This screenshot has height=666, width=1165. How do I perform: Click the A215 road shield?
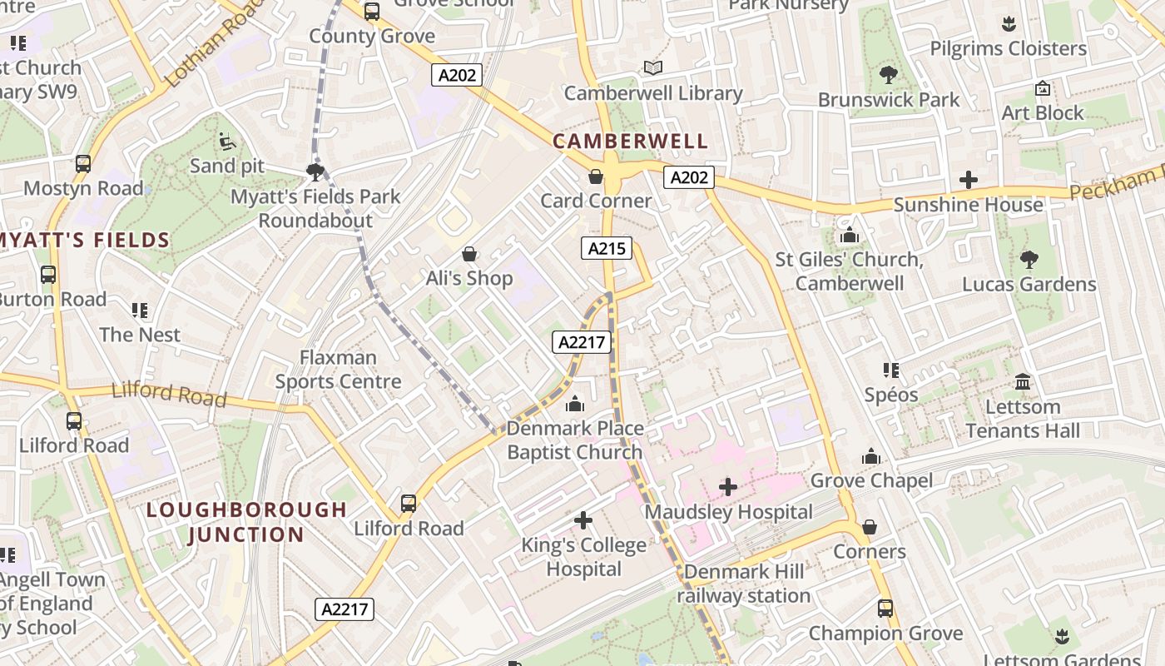click(x=607, y=248)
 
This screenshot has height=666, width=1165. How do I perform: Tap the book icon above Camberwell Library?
click(x=653, y=68)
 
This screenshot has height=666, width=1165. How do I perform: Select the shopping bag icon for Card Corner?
click(x=596, y=176)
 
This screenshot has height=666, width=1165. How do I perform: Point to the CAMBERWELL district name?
click(x=631, y=142)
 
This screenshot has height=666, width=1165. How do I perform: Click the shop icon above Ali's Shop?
click(x=469, y=254)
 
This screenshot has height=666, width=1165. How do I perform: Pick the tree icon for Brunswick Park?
click(x=889, y=75)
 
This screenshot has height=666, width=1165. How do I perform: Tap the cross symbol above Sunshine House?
click(x=969, y=180)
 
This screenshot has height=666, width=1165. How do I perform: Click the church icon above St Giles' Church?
click(x=850, y=236)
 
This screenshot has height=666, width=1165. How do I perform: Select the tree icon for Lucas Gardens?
click(x=1029, y=260)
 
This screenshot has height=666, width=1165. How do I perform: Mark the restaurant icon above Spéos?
click(x=891, y=370)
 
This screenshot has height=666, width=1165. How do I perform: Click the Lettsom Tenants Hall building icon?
click(x=1023, y=382)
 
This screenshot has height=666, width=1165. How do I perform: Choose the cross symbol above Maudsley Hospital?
click(x=728, y=487)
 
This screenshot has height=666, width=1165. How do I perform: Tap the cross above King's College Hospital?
click(x=583, y=521)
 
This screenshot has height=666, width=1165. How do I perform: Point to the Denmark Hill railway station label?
click(x=743, y=584)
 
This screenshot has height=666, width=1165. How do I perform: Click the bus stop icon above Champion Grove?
click(x=885, y=609)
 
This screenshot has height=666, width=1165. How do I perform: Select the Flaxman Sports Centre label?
click(x=338, y=370)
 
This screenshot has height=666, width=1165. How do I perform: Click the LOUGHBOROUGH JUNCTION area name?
click(x=246, y=522)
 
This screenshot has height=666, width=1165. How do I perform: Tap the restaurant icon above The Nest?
click(x=140, y=311)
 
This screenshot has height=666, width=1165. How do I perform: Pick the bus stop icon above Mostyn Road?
click(x=83, y=164)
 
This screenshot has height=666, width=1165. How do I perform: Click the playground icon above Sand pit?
click(x=226, y=142)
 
